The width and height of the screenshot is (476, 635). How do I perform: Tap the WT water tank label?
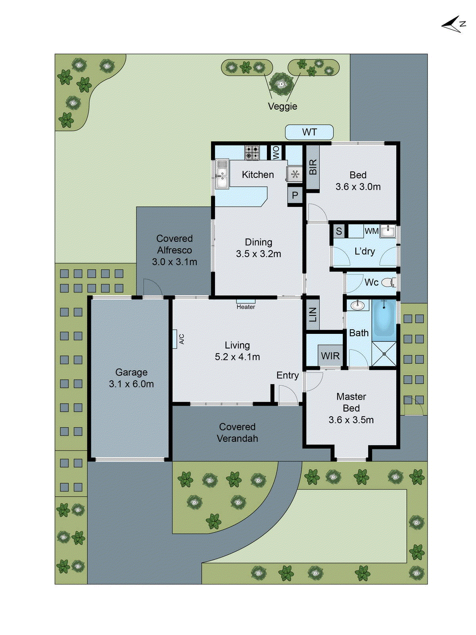tap(309, 132)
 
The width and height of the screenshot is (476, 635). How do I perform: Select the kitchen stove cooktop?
tap(252, 153)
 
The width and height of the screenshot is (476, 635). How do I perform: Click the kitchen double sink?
tap(222, 175)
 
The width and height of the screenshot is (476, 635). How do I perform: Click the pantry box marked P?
tap(295, 195)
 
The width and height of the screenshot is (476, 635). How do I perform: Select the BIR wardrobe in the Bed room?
tap(313, 167)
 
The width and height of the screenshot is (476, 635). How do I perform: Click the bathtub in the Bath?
tap(384, 318)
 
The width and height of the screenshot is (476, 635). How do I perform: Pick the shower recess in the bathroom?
tap(384, 353)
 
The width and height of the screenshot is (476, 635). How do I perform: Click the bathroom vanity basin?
tap(358, 305)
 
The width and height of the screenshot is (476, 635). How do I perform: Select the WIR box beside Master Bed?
tap(330, 356)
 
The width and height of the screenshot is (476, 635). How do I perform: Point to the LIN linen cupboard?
tap(313, 314)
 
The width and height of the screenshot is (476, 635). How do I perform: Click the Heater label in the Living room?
tap(246, 306)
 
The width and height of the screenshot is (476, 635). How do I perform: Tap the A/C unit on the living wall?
tap(175, 339)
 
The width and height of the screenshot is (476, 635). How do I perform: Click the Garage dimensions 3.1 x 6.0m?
tap(131, 384)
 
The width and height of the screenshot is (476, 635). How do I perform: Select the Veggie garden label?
tap(282, 106)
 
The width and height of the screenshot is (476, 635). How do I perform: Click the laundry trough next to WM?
tap(388, 231)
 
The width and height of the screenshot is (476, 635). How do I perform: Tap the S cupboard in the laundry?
tap(339, 231)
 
